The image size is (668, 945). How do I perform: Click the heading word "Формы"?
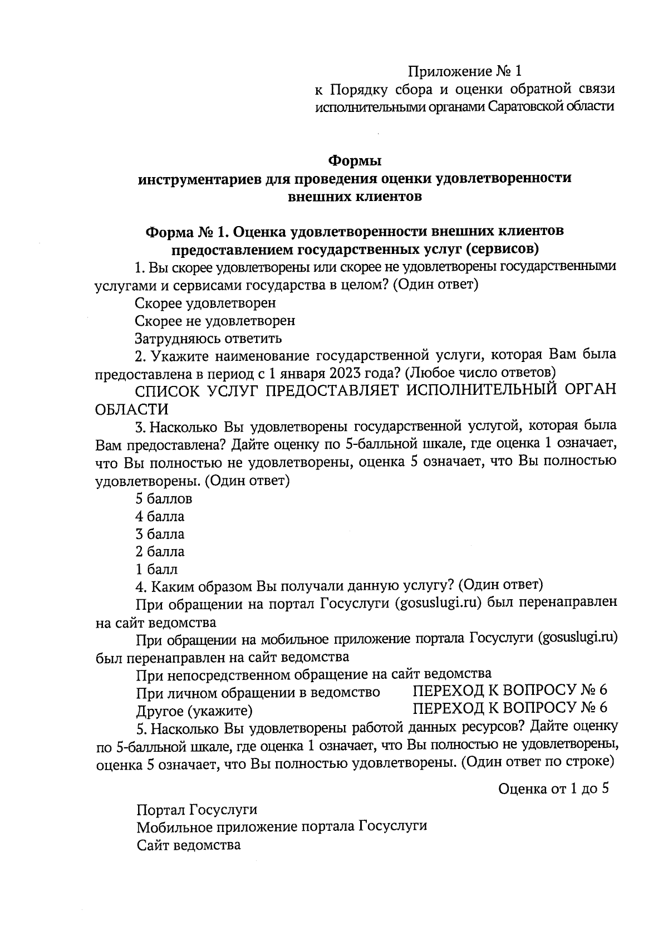click(355, 161)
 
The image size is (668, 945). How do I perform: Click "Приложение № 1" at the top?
click(465, 71)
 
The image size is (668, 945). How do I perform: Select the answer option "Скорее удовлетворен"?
click(205, 303)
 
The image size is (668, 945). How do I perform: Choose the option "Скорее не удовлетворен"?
click(215, 321)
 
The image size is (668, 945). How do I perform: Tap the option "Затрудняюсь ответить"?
click(208, 339)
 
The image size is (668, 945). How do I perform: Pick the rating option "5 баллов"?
click(164, 499)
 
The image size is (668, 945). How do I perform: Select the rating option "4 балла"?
click(160, 517)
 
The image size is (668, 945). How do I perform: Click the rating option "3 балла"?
click(160, 535)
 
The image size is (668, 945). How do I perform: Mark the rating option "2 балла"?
click(160, 552)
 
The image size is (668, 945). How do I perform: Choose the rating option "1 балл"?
click(157, 570)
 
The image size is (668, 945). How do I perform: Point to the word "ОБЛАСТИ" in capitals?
click(132, 410)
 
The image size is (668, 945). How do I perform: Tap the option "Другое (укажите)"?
click(194, 711)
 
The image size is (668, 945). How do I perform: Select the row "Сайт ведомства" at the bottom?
click(189, 845)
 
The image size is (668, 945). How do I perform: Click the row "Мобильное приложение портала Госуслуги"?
click(282, 826)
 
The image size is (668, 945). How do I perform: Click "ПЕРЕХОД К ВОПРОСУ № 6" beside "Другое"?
click(510, 708)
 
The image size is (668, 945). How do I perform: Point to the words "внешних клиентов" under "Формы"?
click(355, 197)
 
